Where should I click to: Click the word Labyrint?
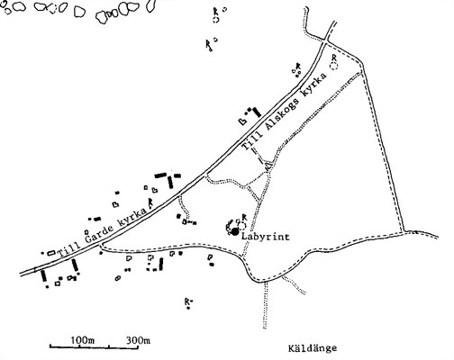pos(266,237)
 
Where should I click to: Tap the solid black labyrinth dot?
pos(235,231)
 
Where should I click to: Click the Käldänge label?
pos(313,348)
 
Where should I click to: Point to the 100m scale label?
pos(83,340)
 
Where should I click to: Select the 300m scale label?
pos(138,340)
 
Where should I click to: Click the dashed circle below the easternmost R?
pos(334,66)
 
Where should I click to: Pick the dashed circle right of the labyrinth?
pos(242,226)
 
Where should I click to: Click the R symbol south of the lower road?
pos(186,301)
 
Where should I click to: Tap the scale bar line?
pos(94,347)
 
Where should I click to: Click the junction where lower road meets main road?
pos(101,245)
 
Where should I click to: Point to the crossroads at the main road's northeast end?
pos(326,40)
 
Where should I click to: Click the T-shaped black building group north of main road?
pos(168,179)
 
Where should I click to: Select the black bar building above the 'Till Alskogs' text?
pos(257,112)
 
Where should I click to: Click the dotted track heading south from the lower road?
pos(265,305)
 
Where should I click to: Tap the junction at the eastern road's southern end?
pos(404,231)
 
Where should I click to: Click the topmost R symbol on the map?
pos(215,11)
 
